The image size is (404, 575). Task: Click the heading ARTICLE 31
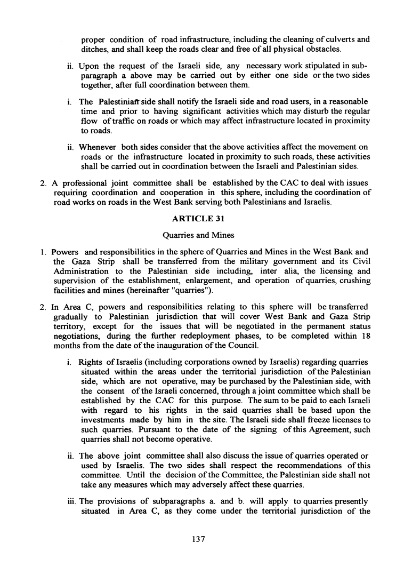[201, 218]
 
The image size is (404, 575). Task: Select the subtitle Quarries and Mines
[201, 234]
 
